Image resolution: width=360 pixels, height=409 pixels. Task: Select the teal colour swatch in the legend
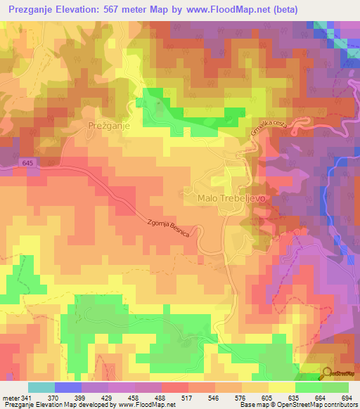41,387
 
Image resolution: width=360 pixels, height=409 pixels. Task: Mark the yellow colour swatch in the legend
281,387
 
